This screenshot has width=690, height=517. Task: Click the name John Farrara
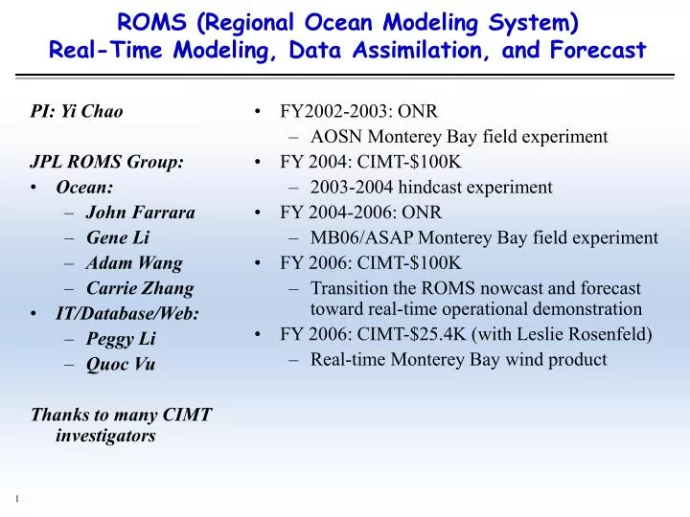(140, 213)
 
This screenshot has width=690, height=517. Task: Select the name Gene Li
(116, 237)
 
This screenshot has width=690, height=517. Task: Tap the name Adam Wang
(133, 263)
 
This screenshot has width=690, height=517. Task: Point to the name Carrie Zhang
(139, 288)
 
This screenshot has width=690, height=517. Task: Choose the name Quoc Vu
(120, 364)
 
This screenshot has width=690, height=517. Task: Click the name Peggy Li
(121, 339)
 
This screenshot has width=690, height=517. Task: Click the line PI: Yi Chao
(77, 111)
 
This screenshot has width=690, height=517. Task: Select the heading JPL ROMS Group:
(107, 162)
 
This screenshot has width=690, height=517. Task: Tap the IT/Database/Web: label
(127, 313)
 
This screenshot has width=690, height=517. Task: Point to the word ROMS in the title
(154, 20)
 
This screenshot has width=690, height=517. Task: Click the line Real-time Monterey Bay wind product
(458, 360)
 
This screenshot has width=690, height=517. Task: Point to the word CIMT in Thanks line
(188, 415)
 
